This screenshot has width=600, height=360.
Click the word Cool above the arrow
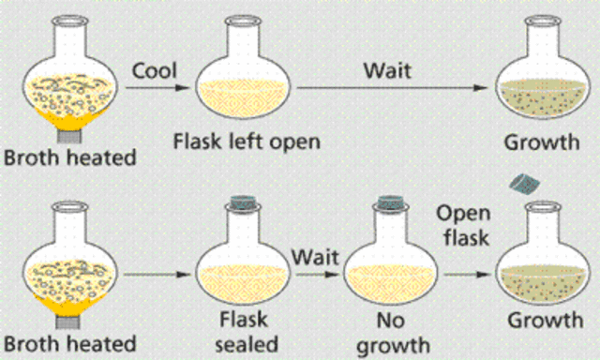click(x=155, y=70)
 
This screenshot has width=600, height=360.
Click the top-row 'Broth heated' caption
click(x=68, y=157)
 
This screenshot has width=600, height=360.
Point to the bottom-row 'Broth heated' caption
click(x=68, y=339)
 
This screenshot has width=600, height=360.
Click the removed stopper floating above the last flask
click(x=519, y=180)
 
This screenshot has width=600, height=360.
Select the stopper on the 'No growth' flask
click(x=388, y=202)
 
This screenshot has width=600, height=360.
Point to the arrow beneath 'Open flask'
click(x=466, y=276)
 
